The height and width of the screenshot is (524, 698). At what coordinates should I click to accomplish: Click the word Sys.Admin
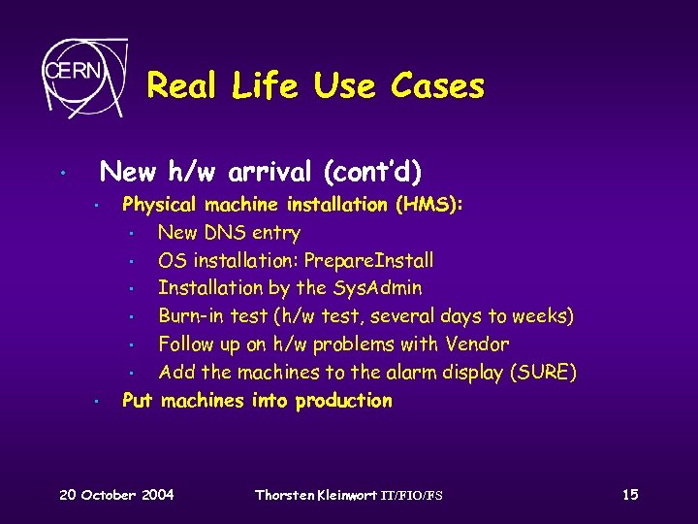[378, 288]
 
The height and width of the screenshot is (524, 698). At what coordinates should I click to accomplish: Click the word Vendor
[477, 344]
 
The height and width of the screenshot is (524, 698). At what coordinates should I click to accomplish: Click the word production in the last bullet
[343, 401]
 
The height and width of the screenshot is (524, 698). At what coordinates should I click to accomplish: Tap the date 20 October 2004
[116, 495]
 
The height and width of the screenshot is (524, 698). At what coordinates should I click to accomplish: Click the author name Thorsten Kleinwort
[314, 495]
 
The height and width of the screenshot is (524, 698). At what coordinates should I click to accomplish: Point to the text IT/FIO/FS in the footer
[409, 496]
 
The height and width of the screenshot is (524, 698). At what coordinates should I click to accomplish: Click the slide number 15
[630, 495]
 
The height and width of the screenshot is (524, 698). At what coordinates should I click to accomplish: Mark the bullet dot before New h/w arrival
[61, 176]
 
